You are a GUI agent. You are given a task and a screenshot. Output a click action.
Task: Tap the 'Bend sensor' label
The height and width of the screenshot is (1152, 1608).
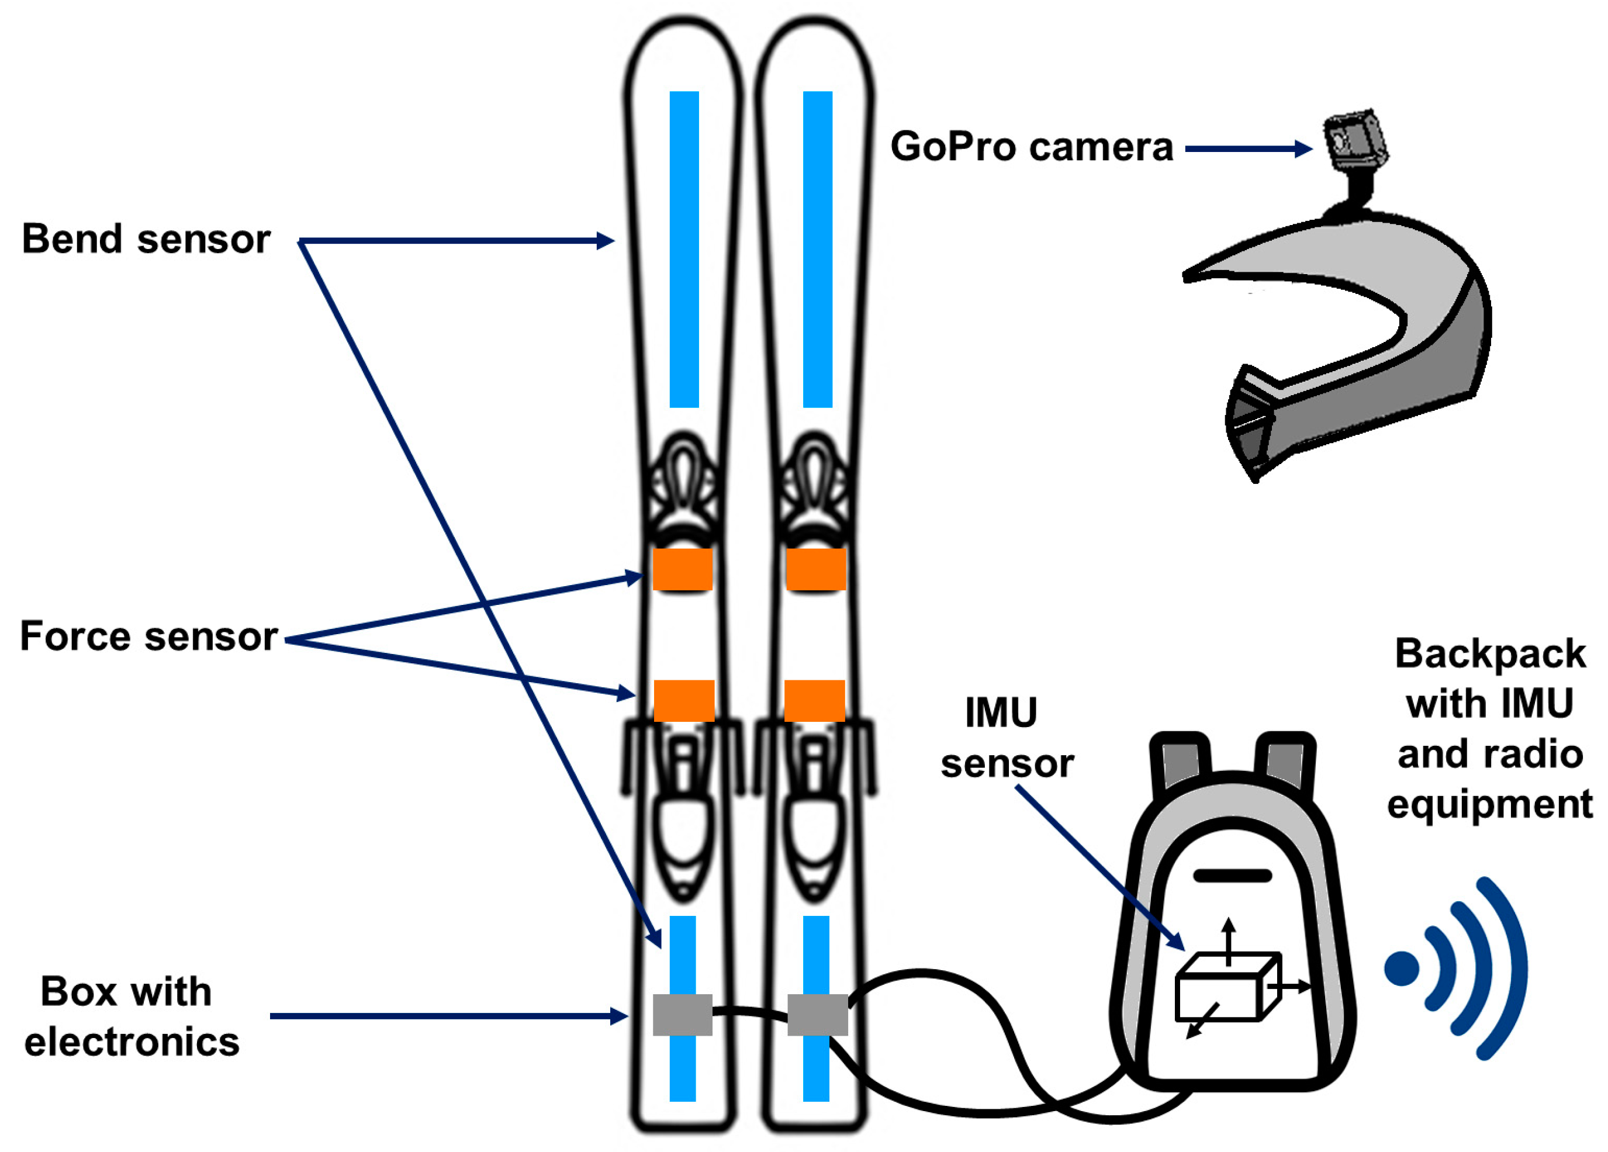coord(146,239)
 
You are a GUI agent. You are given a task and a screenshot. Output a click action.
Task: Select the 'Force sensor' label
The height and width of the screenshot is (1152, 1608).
coord(148,636)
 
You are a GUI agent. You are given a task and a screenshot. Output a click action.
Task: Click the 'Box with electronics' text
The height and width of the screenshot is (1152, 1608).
coord(131,1016)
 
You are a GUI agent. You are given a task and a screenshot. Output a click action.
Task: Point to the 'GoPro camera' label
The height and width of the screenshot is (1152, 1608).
coord(1032,147)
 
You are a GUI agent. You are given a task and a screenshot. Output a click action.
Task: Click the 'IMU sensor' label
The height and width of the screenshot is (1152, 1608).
coord(1006,737)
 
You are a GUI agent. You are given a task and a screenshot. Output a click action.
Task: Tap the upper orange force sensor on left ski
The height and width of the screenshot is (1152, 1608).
coord(682,569)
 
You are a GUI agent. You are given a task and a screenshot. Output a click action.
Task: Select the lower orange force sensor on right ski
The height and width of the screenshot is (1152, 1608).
coord(814,700)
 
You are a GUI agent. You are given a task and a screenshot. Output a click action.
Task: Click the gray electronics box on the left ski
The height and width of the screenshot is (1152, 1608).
coord(682,1015)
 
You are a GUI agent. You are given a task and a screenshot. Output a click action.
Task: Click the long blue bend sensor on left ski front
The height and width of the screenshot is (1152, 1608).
coord(684,248)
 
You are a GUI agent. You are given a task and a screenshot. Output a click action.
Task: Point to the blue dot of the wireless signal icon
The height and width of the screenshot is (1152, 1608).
coord(1402,968)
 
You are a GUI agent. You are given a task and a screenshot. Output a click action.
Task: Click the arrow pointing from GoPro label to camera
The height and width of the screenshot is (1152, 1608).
coord(1248,149)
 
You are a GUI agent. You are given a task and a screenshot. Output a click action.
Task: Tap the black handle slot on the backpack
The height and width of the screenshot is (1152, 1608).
coord(1232,876)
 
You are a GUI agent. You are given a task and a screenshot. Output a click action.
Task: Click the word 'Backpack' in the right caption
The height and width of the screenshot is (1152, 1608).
coord(1489,653)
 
